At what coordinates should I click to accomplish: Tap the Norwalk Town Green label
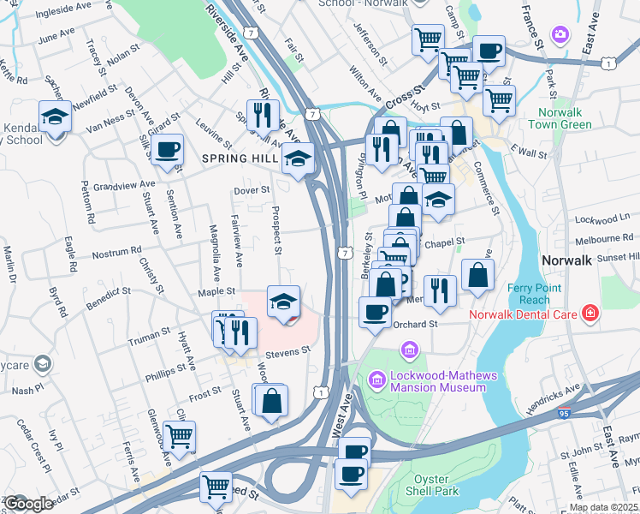(x=564, y=118)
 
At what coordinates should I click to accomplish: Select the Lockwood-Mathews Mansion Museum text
(x=438, y=381)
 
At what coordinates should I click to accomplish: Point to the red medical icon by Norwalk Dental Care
(x=590, y=314)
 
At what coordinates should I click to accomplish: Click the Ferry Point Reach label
(x=535, y=293)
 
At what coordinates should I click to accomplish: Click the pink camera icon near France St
(x=560, y=35)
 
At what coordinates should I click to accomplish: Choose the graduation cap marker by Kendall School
(x=55, y=116)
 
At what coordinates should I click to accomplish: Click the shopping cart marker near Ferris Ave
(x=179, y=435)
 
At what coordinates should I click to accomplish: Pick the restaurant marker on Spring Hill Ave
(x=263, y=114)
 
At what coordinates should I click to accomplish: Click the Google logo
(x=28, y=504)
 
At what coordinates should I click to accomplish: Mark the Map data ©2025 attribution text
(x=603, y=507)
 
